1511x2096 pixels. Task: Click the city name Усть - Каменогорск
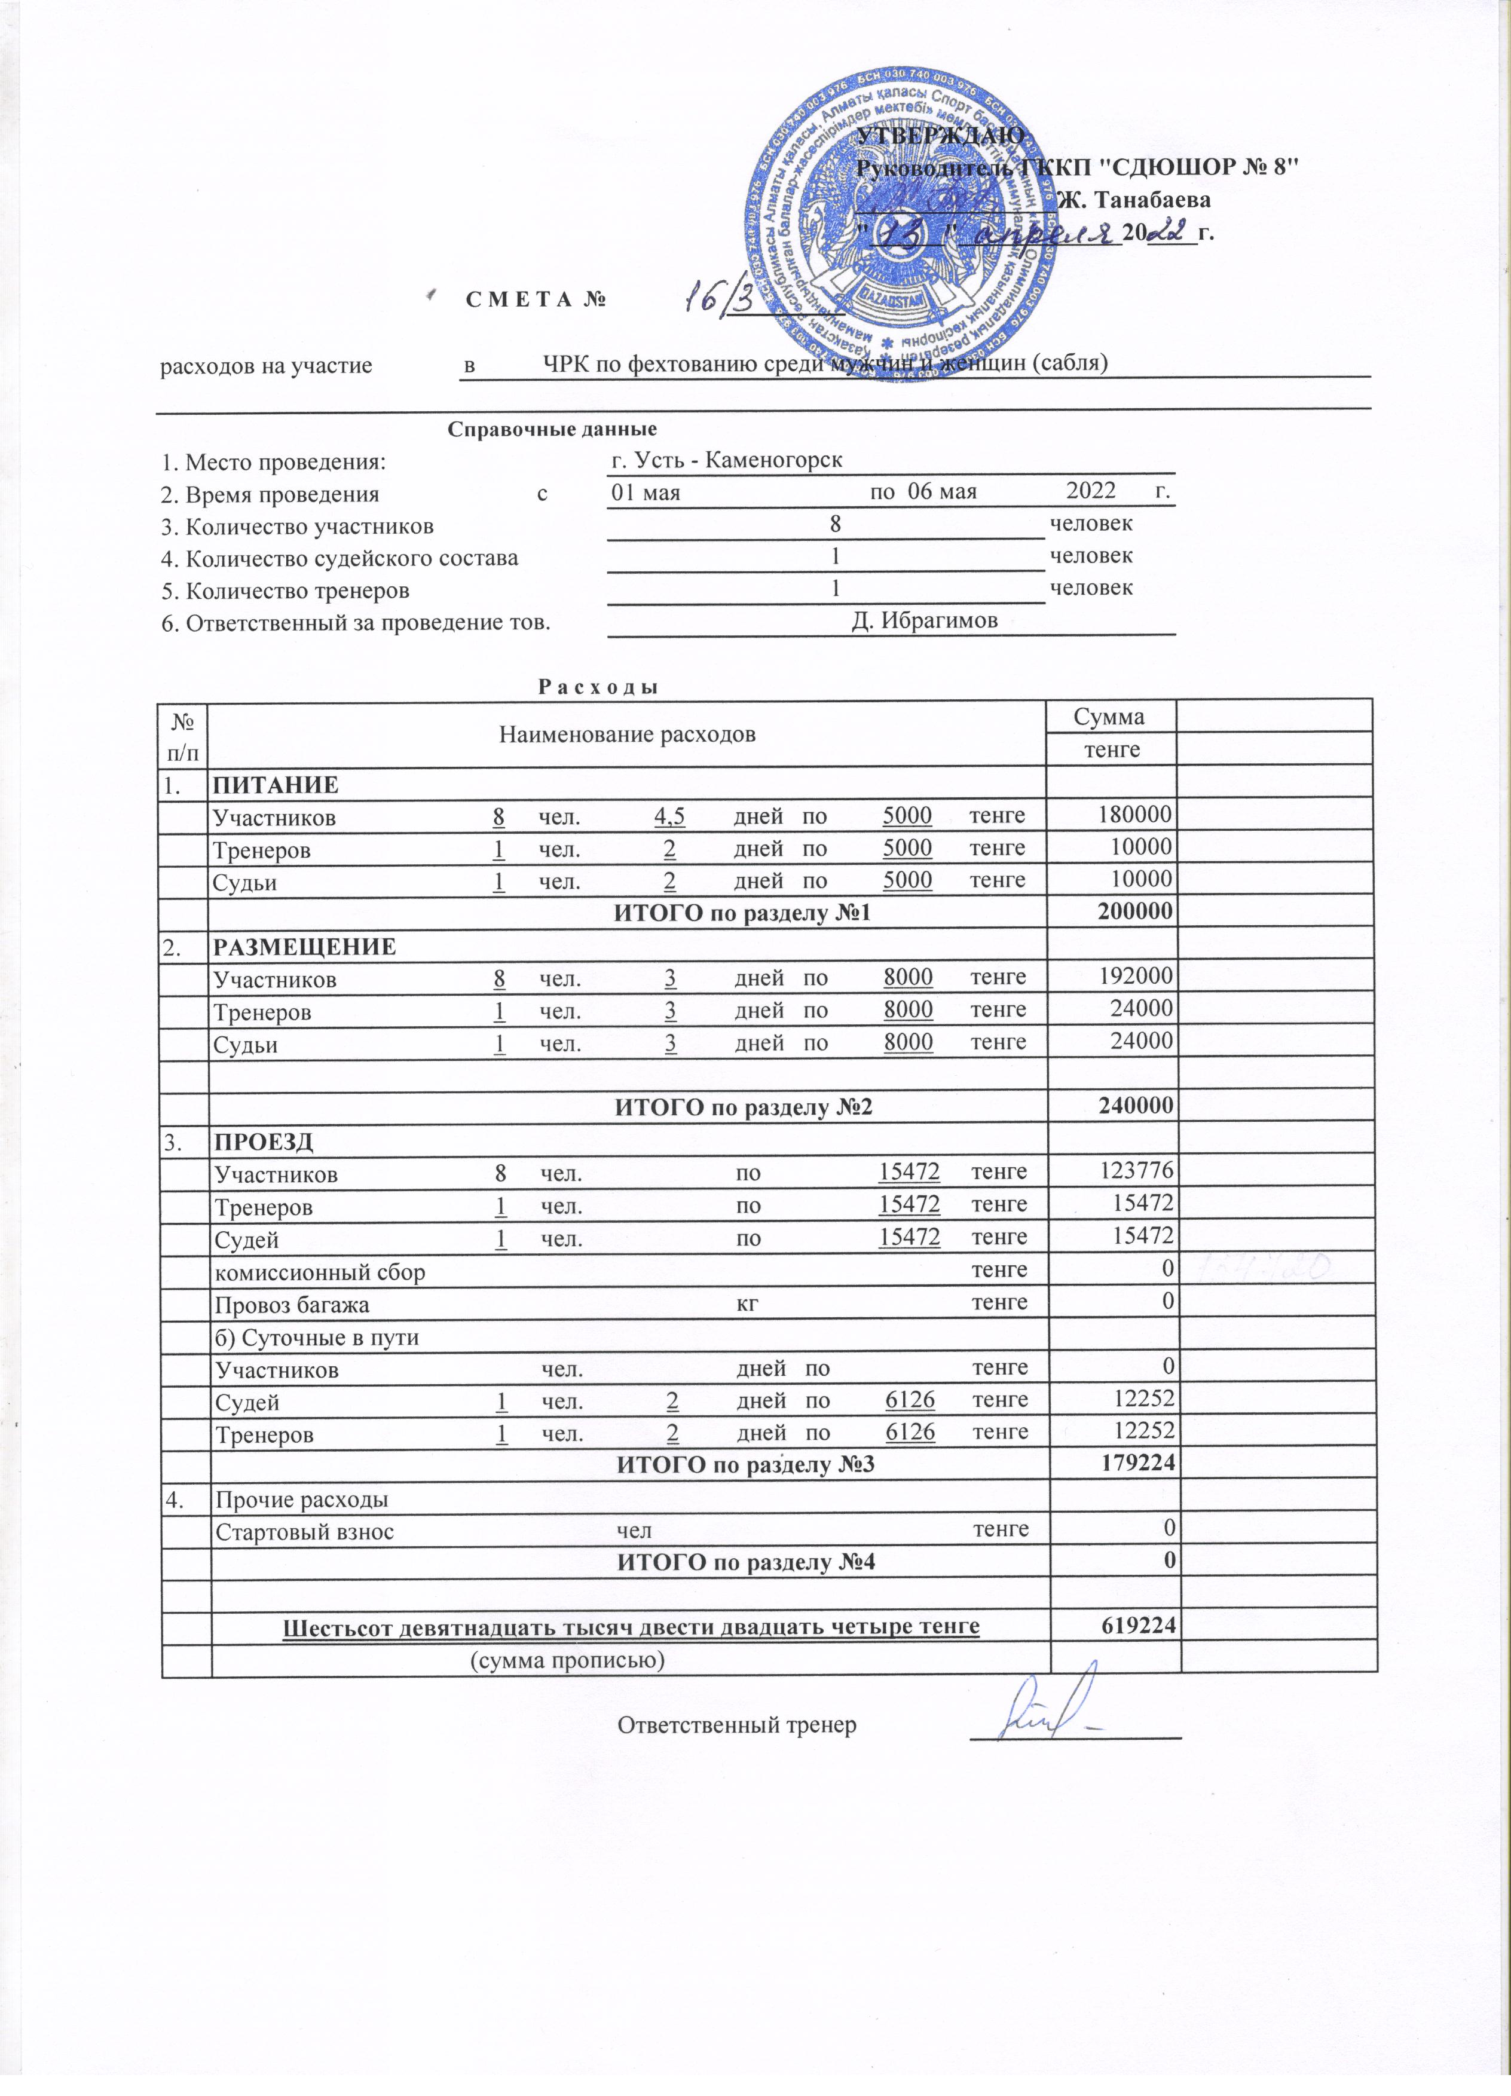pos(726,460)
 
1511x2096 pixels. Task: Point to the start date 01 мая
pos(646,492)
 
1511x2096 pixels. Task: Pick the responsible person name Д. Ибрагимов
pos(924,620)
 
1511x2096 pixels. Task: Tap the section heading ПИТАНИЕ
pos(276,785)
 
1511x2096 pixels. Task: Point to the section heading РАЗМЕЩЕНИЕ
pos(305,946)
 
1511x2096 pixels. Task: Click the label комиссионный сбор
pos(320,1272)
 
